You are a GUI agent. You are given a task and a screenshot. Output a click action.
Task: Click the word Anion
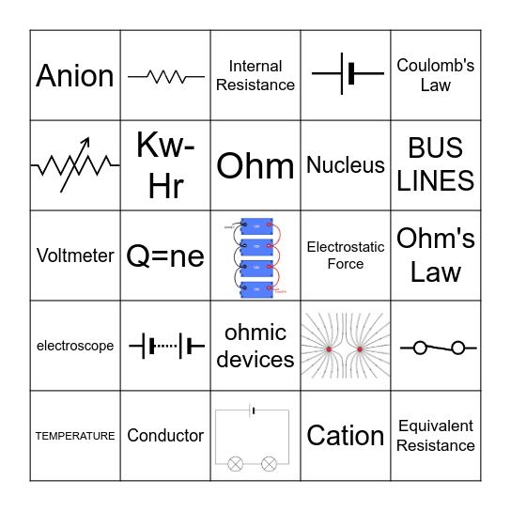75,75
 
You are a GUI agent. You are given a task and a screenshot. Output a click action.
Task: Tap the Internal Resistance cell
255,75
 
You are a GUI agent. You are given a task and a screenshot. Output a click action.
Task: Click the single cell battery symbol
347,73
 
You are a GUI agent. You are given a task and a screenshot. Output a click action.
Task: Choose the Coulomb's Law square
436,75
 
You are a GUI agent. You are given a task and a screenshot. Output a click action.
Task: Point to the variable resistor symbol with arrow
75,165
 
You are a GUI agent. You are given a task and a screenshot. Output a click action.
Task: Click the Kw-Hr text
165,165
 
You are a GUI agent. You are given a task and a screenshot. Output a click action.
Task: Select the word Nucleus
346,165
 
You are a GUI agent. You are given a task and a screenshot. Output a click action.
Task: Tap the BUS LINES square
436,165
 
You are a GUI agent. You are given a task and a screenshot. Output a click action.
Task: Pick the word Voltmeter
75,255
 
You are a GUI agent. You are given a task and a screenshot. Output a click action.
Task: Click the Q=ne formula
165,255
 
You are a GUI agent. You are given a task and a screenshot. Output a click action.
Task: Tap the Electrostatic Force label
346,255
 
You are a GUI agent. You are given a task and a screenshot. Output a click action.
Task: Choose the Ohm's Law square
436,255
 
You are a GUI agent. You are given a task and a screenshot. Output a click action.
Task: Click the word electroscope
75,346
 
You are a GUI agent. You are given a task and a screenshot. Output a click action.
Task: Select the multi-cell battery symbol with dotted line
165,346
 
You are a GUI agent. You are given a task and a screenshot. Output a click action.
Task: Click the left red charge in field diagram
329,349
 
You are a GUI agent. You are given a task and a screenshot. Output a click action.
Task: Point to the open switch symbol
436,348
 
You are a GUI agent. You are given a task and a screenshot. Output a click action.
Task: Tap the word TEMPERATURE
75,436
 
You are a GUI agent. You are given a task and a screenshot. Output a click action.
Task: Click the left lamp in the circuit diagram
235,463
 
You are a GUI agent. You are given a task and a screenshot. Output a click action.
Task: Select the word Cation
346,436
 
